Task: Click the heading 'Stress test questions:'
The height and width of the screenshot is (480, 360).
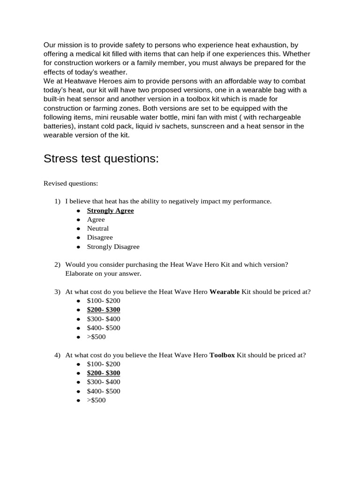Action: (x=101, y=159)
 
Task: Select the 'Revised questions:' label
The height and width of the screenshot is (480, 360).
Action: (x=71, y=183)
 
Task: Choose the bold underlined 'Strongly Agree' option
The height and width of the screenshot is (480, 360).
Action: (x=110, y=210)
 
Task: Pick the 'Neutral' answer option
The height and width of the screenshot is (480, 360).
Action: (x=97, y=228)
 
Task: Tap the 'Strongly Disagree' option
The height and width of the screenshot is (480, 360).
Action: (x=113, y=247)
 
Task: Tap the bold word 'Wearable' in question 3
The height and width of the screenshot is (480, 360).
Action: (x=224, y=292)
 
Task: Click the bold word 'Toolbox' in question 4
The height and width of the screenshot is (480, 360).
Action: (x=222, y=355)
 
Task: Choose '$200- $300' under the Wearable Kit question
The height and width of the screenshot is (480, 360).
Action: (x=104, y=309)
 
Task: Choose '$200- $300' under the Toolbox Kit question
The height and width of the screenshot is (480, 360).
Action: (x=104, y=373)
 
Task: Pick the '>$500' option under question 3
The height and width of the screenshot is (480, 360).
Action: (x=96, y=337)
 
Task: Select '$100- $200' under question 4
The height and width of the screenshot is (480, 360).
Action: (x=104, y=364)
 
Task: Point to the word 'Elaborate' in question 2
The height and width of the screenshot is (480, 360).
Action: (x=79, y=273)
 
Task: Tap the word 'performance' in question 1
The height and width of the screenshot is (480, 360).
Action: (x=252, y=201)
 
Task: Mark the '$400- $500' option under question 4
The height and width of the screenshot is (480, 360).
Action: (x=104, y=391)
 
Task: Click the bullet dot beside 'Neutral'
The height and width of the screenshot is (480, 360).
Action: (x=78, y=229)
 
